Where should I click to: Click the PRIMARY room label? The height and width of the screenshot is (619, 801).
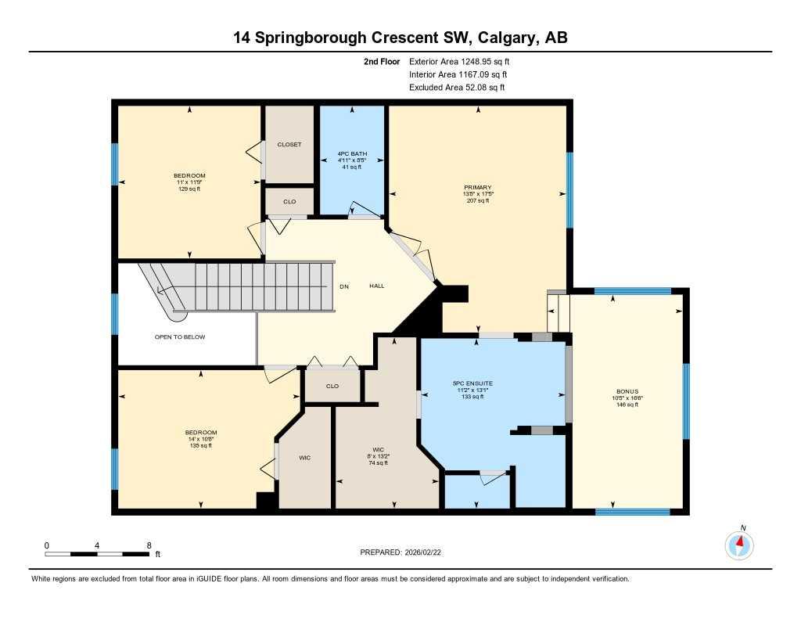click(477, 187)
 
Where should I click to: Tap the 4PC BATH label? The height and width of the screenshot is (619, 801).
click(348, 153)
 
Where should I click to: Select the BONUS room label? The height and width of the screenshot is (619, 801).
click(627, 391)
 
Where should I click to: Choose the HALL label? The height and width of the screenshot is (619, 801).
click(377, 286)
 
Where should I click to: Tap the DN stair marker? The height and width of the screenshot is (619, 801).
click(343, 286)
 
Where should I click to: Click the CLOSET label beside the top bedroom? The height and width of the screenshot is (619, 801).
click(289, 145)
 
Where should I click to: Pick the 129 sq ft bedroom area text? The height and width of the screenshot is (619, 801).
click(189, 189)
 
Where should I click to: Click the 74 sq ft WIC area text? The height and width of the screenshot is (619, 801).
click(377, 463)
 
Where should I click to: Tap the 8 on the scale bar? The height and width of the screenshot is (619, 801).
click(149, 545)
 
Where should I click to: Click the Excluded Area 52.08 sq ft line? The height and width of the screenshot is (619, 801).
click(457, 88)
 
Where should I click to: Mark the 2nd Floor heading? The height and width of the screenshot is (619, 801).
click(382, 61)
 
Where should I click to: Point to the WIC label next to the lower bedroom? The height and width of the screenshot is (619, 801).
click(305, 457)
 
